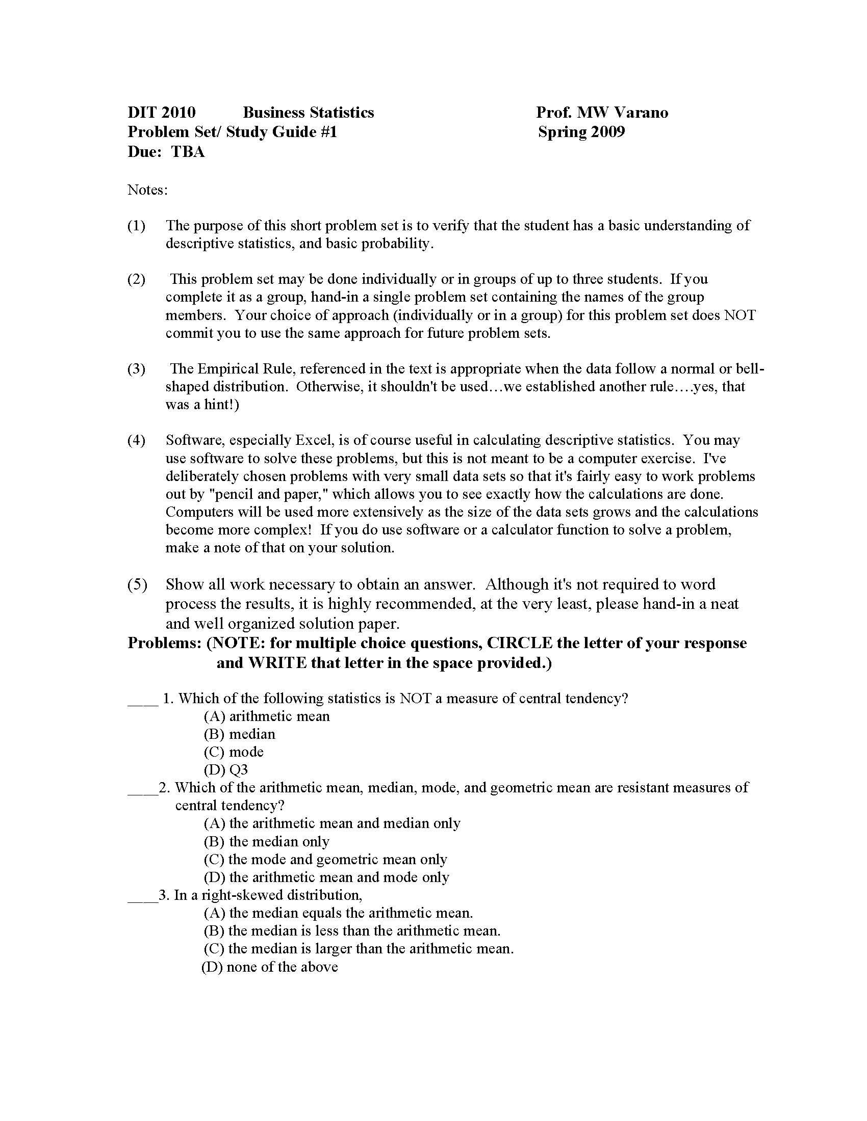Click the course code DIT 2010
coord(161,113)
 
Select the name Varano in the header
coord(641,113)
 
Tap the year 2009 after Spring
coord(607,132)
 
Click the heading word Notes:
coord(147,190)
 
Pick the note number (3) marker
coord(136,368)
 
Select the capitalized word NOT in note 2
coord(739,314)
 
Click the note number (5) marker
coord(137,584)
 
